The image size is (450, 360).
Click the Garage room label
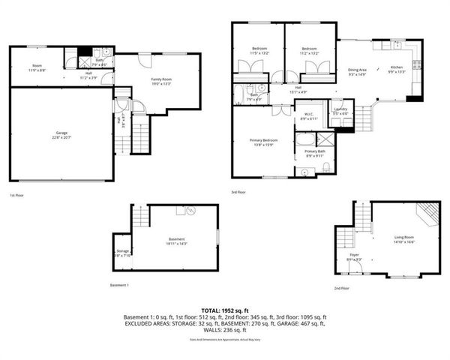point(61,135)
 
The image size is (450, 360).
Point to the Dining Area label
point(356,72)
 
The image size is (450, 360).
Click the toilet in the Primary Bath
point(305,172)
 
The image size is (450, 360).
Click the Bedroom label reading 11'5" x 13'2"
point(259,52)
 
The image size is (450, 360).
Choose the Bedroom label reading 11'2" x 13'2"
point(310,52)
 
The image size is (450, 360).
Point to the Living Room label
point(404,240)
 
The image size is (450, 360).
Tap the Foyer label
point(355,257)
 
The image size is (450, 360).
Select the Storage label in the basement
point(123,253)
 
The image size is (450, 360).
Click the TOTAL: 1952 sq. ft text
point(225,310)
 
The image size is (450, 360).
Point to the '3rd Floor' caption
point(239,193)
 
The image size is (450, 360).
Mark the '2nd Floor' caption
point(342,288)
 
